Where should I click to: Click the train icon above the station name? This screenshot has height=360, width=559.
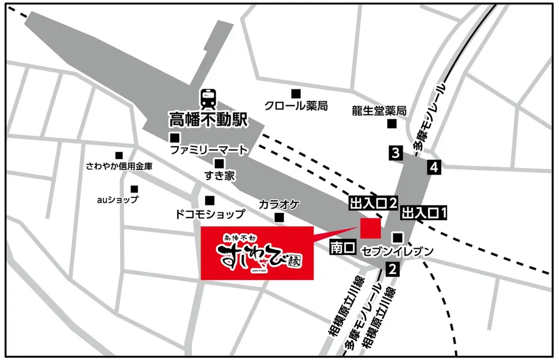click(x=208, y=98)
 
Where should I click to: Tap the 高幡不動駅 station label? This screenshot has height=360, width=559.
click(x=208, y=118)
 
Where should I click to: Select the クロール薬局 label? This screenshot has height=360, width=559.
click(x=296, y=106)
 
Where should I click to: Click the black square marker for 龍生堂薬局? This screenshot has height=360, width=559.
click(x=392, y=124)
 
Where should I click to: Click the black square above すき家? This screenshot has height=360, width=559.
click(x=219, y=163)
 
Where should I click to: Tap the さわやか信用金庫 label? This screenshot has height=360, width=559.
click(x=119, y=166)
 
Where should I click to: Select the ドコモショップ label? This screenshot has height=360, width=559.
click(x=210, y=214)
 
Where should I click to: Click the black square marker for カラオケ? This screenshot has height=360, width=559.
click(x=279, y=218)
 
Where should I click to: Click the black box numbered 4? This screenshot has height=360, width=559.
click(x=435, y=167)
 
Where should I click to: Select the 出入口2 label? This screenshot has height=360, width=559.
click(x=372, y=203)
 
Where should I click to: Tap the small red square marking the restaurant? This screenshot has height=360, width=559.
click(x=370, y=227)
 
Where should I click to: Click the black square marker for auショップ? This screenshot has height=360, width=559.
click(x=134, y=189)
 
